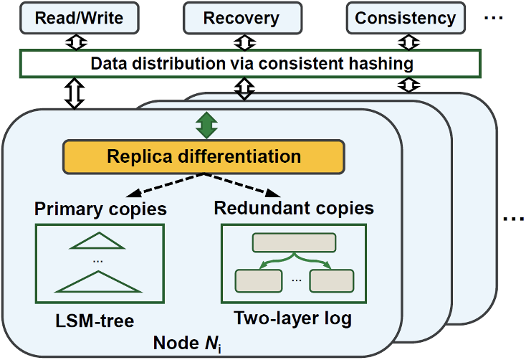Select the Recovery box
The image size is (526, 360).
(x=240, y=17)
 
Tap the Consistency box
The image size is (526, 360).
(x=405, y=17)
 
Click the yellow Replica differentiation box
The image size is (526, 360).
(x=204, y=156)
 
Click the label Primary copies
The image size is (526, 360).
(x=100, y=209)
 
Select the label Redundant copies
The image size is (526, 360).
(x=294, y=208)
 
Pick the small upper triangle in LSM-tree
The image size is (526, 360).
(x=98, y=242)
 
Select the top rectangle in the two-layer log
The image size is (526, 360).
(x=294, y=243)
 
